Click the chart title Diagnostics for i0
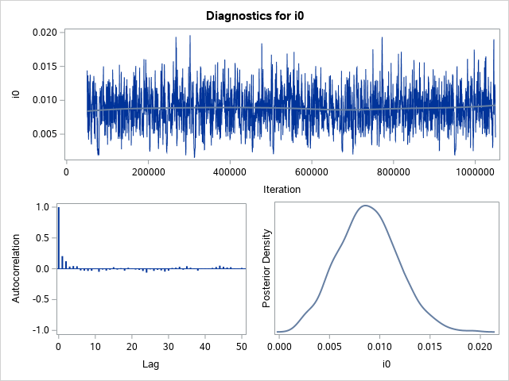tap(254, 15)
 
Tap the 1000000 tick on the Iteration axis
tap(476, 171)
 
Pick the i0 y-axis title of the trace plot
tap(15, 94)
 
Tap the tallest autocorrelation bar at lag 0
tap(58, 237)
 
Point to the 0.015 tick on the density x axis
tap(430, 346)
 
